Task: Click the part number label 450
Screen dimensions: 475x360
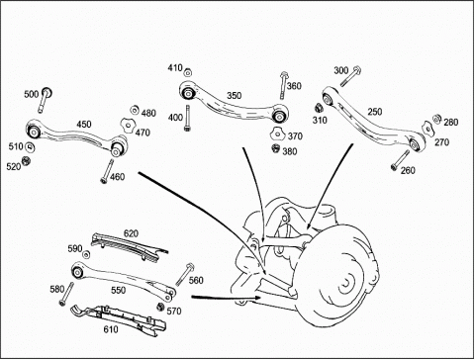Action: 84,125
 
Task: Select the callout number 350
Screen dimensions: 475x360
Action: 235,96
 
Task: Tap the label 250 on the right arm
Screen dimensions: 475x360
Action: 375,112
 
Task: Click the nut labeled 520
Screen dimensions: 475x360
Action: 26,161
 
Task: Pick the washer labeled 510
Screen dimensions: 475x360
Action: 31,147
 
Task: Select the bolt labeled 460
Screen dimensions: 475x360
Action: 107,171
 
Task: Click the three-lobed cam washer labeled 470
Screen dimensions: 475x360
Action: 127,126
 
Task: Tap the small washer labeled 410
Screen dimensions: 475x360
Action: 188,73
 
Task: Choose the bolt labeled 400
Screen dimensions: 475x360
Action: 188,119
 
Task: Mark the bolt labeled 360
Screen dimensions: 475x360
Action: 283,85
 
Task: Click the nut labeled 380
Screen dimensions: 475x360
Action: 276,149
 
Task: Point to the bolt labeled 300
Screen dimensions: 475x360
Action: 350,76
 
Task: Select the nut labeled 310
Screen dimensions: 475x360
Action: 319,108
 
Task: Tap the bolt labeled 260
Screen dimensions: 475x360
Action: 400,160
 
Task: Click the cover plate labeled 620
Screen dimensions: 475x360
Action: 130,246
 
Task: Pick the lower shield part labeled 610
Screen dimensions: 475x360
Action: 120,319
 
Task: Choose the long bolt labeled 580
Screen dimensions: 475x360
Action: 66,294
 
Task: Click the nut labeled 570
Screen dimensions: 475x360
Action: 160,307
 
